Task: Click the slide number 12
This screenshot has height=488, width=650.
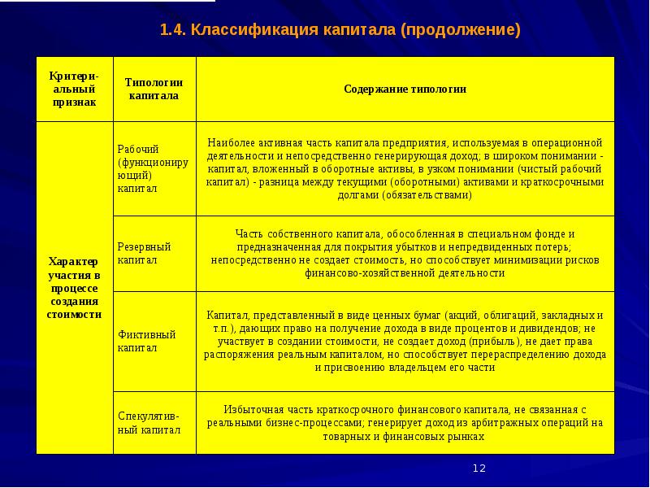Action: (479, 468)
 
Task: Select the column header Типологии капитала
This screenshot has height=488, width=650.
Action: (154, 89)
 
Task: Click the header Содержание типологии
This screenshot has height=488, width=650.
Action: (405, 89)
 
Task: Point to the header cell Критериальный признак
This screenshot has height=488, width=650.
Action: (74, 89)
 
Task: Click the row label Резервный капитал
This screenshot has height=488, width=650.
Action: (144, 253)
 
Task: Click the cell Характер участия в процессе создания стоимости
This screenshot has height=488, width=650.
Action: (74, 287)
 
